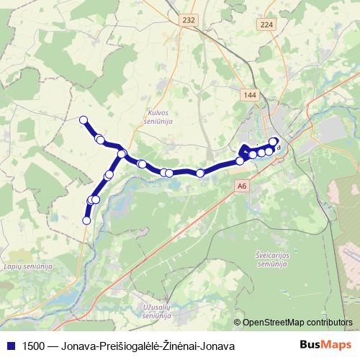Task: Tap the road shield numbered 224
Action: coord(267,24)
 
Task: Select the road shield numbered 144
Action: coord(250,95)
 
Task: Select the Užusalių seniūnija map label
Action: coord(156,310)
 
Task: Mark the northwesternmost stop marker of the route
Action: coord(84,120)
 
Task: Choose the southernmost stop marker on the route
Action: coord(86,220)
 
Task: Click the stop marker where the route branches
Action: coord(122,153)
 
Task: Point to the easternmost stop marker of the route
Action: coord(274,142)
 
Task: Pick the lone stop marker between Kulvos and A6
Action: coord(200,173)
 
